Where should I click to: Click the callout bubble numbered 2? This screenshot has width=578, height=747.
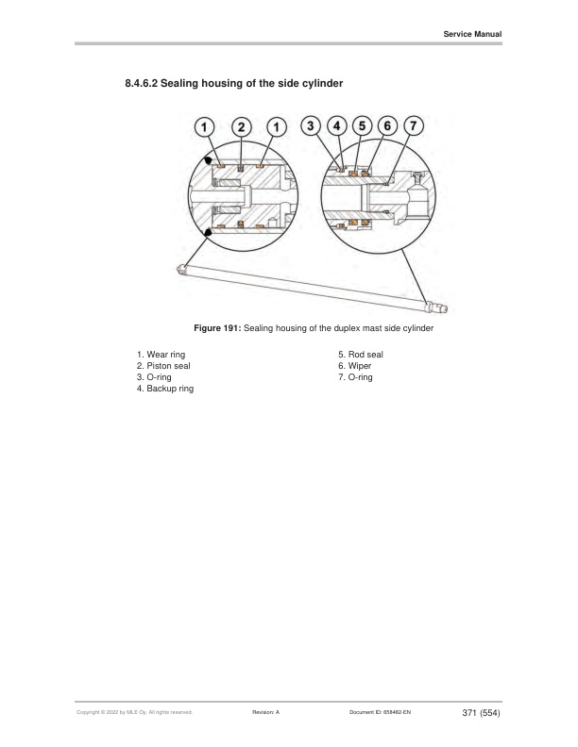[x=242, y=126]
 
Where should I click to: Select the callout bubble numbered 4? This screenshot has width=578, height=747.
[x=335, y=125]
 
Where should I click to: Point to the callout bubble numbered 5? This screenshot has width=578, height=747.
[x=361, y=125]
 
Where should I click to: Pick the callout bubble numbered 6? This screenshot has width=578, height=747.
[x=386, y=125]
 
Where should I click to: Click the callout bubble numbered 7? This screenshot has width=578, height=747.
[x=413, y=125]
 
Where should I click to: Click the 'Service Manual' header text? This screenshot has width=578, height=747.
[x=472, y=35]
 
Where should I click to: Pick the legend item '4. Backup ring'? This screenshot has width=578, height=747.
[x=165, y=389]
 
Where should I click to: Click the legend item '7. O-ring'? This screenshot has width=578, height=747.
[x=356, y=377]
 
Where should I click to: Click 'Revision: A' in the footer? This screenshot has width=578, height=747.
[x=266, y=712]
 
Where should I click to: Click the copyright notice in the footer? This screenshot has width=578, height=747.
[x=133, y=712]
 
